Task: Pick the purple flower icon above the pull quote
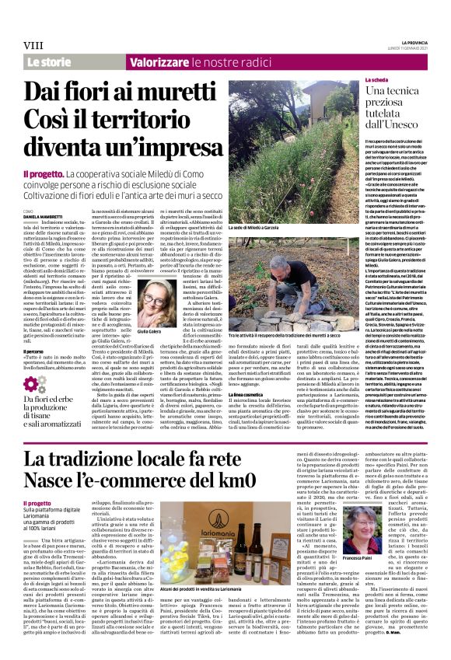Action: coord(34,385)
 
